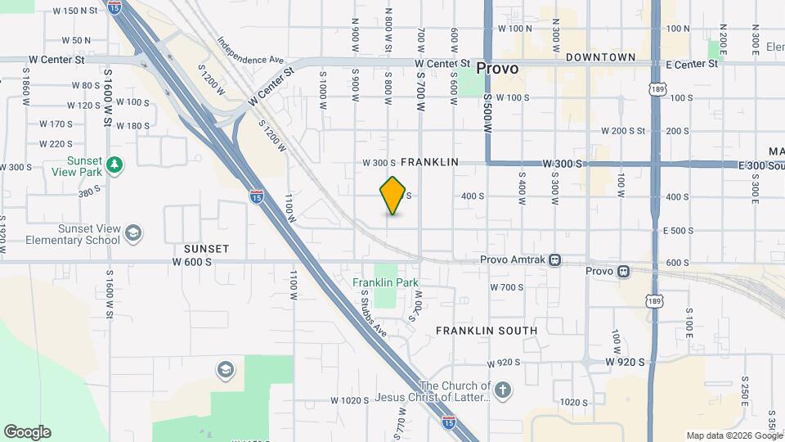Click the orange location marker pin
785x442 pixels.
pos(393,196)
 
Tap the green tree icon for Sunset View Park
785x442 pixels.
pos(115,165)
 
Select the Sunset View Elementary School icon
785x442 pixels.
pos(132,234)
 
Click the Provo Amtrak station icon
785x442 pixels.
pos(555,260)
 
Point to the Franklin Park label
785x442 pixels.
pos(386,283)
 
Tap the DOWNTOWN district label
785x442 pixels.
pos(600,57)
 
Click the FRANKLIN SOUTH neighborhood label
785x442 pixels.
pos(487,331)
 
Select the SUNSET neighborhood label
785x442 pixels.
pos(206,248)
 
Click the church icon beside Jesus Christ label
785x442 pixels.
pos(503,390)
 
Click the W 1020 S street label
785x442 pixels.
pos(352,400)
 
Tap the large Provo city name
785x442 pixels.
pos(497,69)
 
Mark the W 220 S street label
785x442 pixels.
pos(56,144)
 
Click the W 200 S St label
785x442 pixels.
pos(623,131)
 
